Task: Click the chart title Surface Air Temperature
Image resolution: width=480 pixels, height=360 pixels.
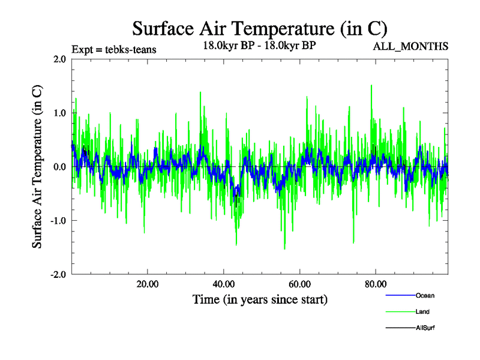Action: (259, 28)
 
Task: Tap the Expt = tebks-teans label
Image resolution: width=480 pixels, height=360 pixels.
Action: (114, 49)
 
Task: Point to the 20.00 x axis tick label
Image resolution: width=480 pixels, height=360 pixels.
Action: (147, 284)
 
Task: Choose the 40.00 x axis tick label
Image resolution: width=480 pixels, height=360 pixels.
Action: (223, 284)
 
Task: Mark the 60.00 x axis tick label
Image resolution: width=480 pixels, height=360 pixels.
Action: (299, 284)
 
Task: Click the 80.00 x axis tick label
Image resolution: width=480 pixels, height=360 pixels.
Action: (375, 284)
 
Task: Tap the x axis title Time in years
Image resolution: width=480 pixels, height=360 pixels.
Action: (260, 299)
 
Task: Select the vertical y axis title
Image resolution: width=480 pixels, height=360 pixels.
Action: (37, 167)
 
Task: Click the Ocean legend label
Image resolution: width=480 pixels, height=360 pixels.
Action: (425, 295)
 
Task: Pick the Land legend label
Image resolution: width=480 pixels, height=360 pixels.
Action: (422, 311)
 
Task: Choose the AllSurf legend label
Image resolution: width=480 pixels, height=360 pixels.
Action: (425, 328)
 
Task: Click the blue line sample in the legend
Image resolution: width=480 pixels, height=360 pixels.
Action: (399, 295)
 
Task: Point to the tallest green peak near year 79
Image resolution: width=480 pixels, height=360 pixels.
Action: (371, 86)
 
